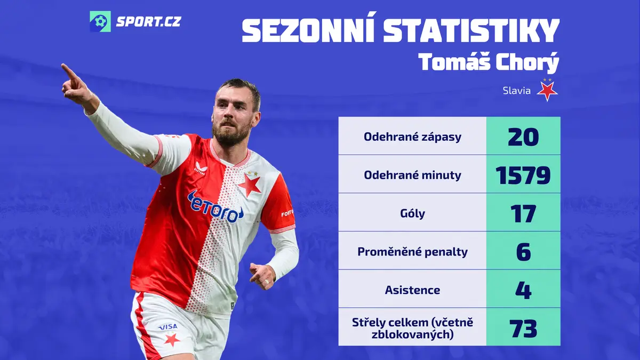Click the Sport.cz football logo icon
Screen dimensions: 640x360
pyautogui.click(x=100, y=21)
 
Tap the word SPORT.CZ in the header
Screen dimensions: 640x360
pyautogui.click(x=149, y=22)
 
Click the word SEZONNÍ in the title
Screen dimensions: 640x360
pyautogui.click(x=308, y=30)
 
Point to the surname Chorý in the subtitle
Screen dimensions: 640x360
pyautogui.click(x=527, y=62)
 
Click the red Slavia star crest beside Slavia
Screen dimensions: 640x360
pyautogui.click(x=547, y=91)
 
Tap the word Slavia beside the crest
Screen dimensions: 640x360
pyautogui.click(x=517, y=91)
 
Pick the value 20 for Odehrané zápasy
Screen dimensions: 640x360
pyautogui.click(x=523, y=137)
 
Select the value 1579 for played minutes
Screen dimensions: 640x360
pyautogui.click(x=523, y=175)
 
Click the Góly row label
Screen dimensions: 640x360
pyautogui.click(x=412, y=213)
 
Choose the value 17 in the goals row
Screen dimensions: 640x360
pyautogui.click(x=523, y=213)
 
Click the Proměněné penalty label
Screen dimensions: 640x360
pyautogui.click(x=412, y=252)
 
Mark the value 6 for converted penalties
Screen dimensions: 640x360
pyautogui.click(x=523, y=252)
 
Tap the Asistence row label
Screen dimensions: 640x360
pyautogui.click(x=412, y=290)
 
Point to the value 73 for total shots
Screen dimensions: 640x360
pyautogui.click(x=523, y=329)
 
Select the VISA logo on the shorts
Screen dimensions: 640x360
pyautogui.click(x=168, y=326)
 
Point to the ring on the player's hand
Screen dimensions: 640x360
pyautogui.click(x=266, y=282)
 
